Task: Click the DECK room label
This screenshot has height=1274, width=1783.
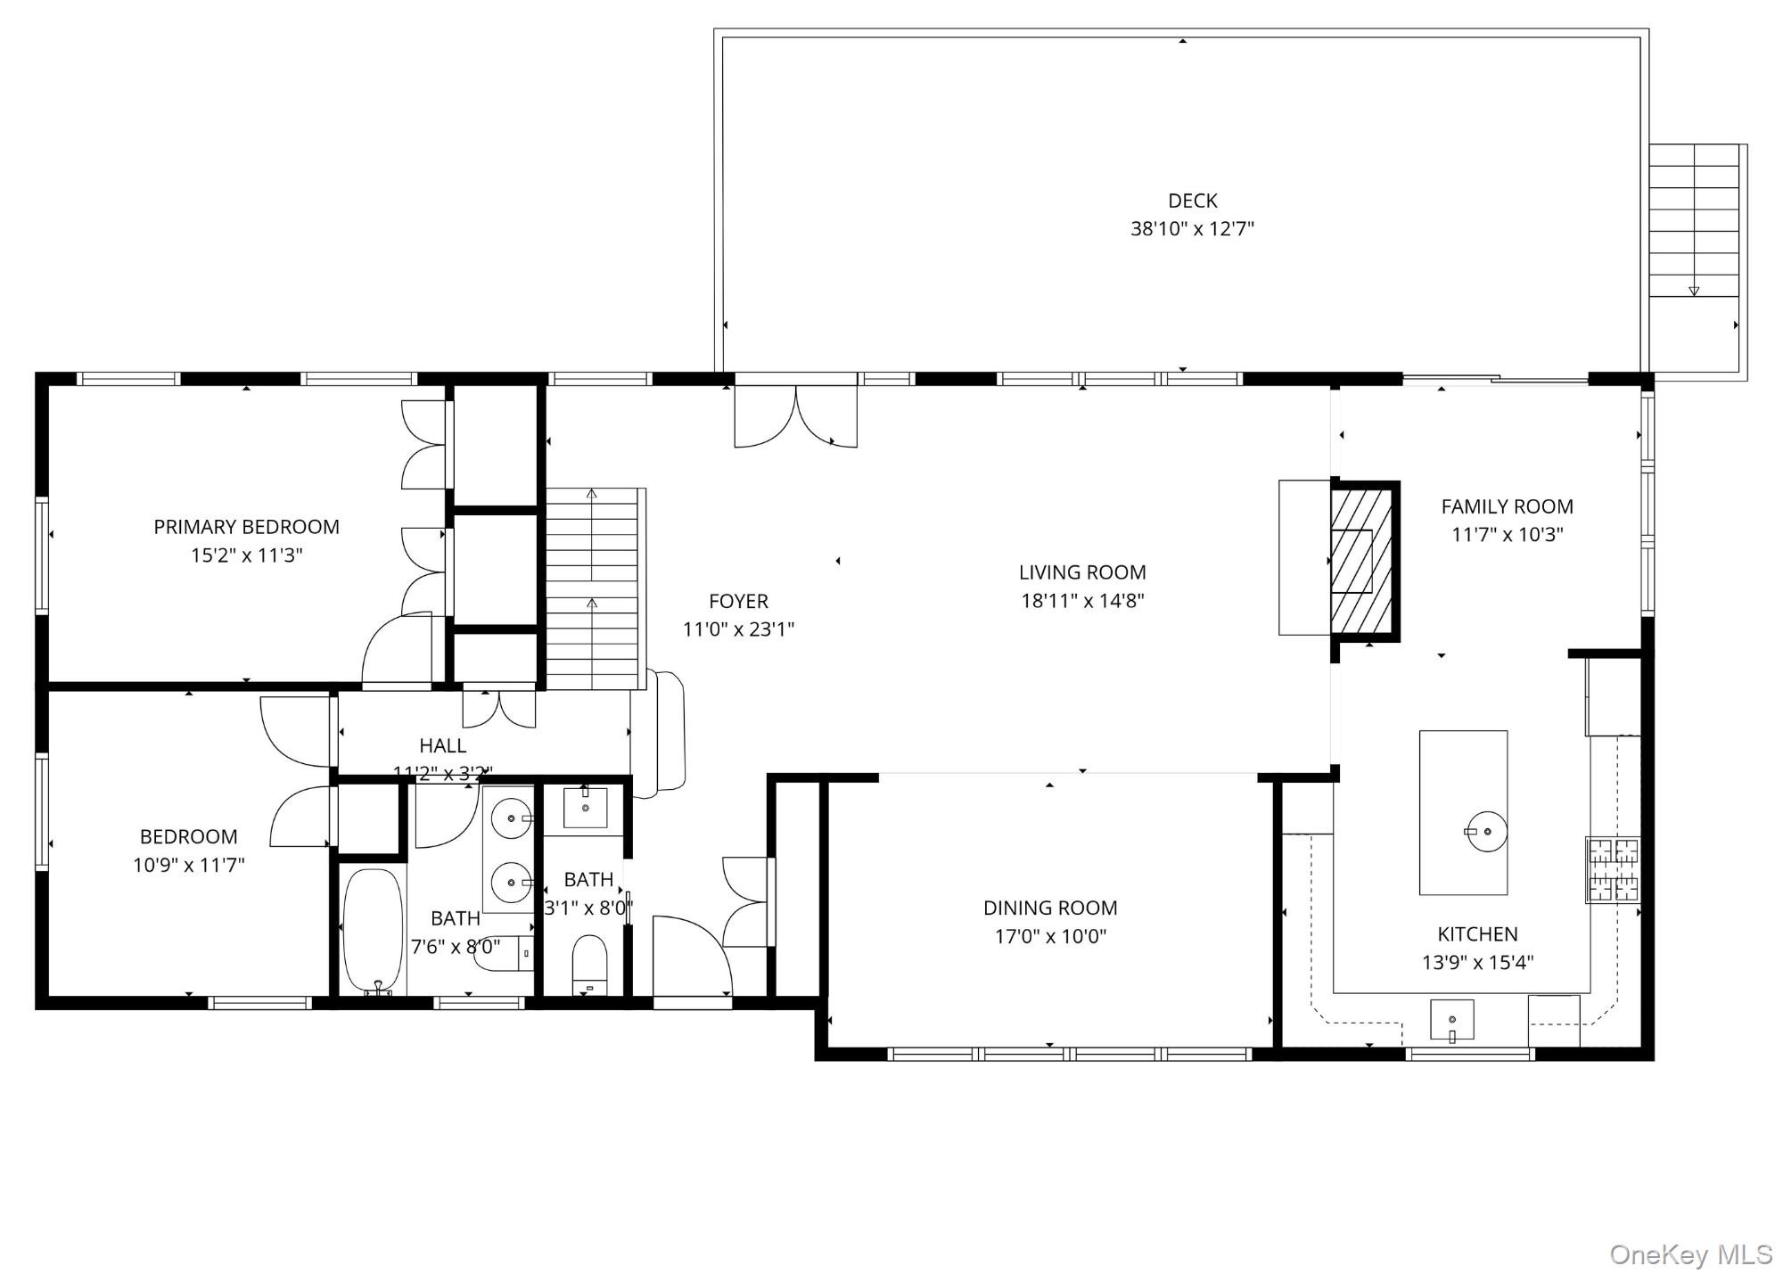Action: click(1192, 201)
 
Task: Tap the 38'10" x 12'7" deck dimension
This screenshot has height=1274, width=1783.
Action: click(1192, 229)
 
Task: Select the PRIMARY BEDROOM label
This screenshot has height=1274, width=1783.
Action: click(246, 527)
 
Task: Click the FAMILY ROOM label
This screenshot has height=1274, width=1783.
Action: click(1507, 506)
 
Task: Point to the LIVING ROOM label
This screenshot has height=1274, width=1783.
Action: click(1082, 572)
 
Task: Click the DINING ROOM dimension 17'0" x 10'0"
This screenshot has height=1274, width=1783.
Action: click(1050, 936)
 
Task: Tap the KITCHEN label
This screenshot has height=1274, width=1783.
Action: click(1477, 934)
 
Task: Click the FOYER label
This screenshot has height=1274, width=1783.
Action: click(738, 601)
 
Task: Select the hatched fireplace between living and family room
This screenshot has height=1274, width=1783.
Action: click(1361, 560)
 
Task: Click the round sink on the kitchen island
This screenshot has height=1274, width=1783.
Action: click(1486, 831)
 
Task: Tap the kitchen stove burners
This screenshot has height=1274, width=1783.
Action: click(1613, 869)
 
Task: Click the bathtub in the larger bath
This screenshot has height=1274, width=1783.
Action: click(374, 930)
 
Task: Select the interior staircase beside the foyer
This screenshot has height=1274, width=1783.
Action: click(592, 588)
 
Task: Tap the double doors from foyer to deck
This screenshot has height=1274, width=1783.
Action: click(795, 415)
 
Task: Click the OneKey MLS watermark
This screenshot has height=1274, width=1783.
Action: click(1690, 1255)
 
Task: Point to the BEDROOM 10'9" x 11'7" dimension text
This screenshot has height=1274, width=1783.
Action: click(188, 865)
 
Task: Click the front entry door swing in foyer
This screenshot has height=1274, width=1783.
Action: click(691, 954)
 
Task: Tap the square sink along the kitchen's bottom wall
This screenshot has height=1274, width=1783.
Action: click(1451, 1019)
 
